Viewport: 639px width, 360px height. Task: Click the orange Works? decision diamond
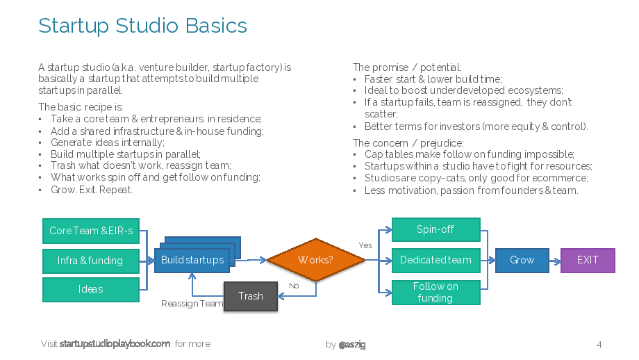click(x=316, y=260)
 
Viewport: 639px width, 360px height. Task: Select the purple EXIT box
click(x=588, y=260)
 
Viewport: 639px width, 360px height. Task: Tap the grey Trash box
click(x=251, y=296)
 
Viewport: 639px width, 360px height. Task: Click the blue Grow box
click(x=522, y=260)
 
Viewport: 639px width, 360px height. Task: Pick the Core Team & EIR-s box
click(x=91, y=231)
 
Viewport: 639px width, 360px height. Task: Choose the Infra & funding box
click(x=91, y=261)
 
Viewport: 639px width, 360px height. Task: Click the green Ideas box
click(x=91, y=290)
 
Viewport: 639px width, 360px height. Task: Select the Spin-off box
click(x=436, y=229)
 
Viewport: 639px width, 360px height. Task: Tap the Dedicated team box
click(x=436, y=260)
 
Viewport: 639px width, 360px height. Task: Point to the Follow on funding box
click(x=436, y=293)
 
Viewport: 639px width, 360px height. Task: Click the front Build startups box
click(x=192, y=260)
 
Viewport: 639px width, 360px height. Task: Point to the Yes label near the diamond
click(x=365, y=245)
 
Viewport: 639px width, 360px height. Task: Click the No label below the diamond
click(x=294, y=286)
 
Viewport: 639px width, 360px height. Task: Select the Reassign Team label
click(x=192, y=304)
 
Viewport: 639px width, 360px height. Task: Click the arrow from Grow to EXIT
click(x=555, y=261)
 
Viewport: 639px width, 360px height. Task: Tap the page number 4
click(x=599, y=345)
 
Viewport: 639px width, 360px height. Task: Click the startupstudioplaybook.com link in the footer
click(x=115, y=344)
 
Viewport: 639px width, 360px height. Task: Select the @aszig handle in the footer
click(x=352, y=345)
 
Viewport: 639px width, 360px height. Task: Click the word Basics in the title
click(x=216, y=26)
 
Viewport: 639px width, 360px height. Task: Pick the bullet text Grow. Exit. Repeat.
click(x=92, y=190)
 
